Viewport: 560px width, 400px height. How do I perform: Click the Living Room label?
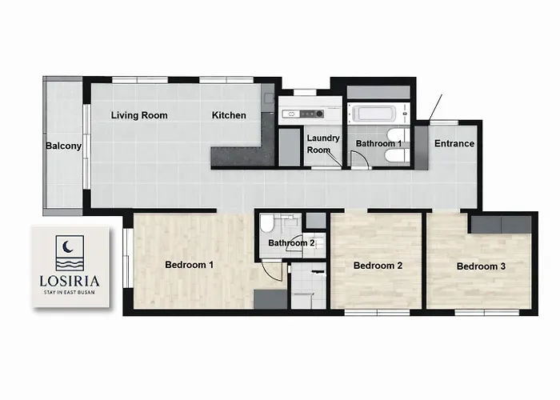[139, 115]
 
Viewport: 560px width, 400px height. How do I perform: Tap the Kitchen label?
[229, 115]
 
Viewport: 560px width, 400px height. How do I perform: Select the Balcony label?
[63, 146]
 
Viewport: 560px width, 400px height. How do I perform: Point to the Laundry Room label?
[323, 143]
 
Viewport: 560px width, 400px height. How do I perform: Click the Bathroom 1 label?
[378, 143]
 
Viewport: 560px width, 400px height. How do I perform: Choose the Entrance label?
[454, 143]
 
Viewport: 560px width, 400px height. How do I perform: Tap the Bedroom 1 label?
[190, 265]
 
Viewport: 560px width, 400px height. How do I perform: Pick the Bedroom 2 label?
[378, 266]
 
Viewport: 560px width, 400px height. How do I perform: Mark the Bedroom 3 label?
[481, 266]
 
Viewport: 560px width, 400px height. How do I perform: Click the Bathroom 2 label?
[291, 243]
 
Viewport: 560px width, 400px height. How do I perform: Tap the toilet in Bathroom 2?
[266, 223]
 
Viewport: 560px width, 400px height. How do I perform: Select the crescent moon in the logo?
[66, 246]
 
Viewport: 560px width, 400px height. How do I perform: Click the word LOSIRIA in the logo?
[70, 281]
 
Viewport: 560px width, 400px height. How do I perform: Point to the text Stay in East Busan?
[70, 292]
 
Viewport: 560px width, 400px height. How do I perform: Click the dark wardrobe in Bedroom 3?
[501, 225]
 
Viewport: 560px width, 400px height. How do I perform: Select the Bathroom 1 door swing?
[359, 160]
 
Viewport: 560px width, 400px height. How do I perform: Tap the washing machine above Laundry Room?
[303, 114]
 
